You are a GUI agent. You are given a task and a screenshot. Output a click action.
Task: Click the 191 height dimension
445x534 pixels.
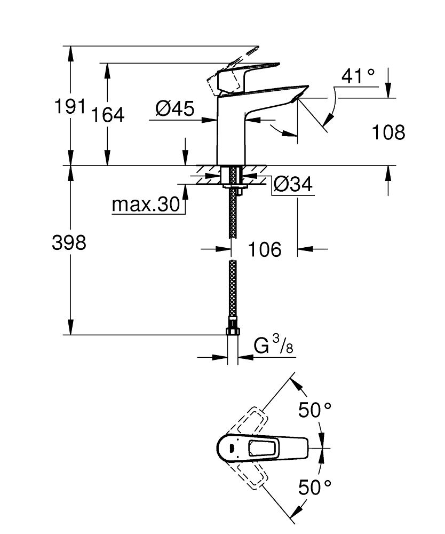coord(70,107)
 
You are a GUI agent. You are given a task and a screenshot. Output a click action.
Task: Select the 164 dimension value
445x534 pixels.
coord(107,114)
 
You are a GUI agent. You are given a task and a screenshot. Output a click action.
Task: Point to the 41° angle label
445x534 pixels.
coord(358,76)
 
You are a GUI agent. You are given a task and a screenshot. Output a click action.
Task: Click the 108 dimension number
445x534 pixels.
coord(388,132)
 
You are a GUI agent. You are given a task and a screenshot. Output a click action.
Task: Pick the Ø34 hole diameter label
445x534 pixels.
coord(292,185)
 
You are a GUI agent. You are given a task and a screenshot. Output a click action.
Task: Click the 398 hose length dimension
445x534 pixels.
coord(69,243)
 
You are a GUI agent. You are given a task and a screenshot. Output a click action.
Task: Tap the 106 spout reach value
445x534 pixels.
coord(265,249)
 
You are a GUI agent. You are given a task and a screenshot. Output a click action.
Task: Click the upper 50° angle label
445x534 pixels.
coord(315,410)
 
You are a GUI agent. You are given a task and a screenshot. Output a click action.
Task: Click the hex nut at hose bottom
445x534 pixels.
coord(232,331)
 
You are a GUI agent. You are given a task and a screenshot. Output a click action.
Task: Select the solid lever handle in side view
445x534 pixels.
coord(251,72)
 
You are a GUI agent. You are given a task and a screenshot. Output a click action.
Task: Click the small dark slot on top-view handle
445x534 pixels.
coord(232,447)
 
